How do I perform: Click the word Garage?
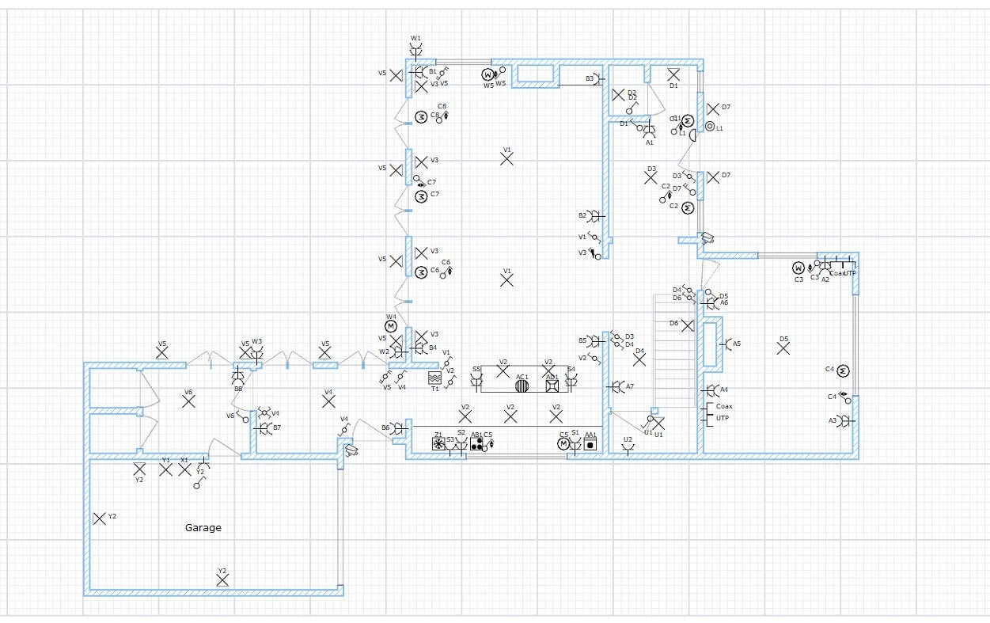[203, 528]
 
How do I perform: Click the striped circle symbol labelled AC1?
[522, 386]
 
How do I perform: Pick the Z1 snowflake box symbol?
[438, 445]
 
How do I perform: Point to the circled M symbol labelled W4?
[391, 326]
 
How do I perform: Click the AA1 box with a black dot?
[590, 445]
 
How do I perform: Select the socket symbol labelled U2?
[628, 449]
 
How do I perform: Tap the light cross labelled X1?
[184, 469]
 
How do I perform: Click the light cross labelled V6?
[188, 401]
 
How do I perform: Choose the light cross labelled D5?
[783, 348]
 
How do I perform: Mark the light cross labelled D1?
[673, 75]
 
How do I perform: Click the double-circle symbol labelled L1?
[710, 127]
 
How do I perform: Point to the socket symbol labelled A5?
[725, 344]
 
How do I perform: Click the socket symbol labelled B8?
[237, 378]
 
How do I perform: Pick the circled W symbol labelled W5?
[488, 75]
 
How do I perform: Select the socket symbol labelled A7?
[616, 386]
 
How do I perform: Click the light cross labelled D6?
[688, 325]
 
